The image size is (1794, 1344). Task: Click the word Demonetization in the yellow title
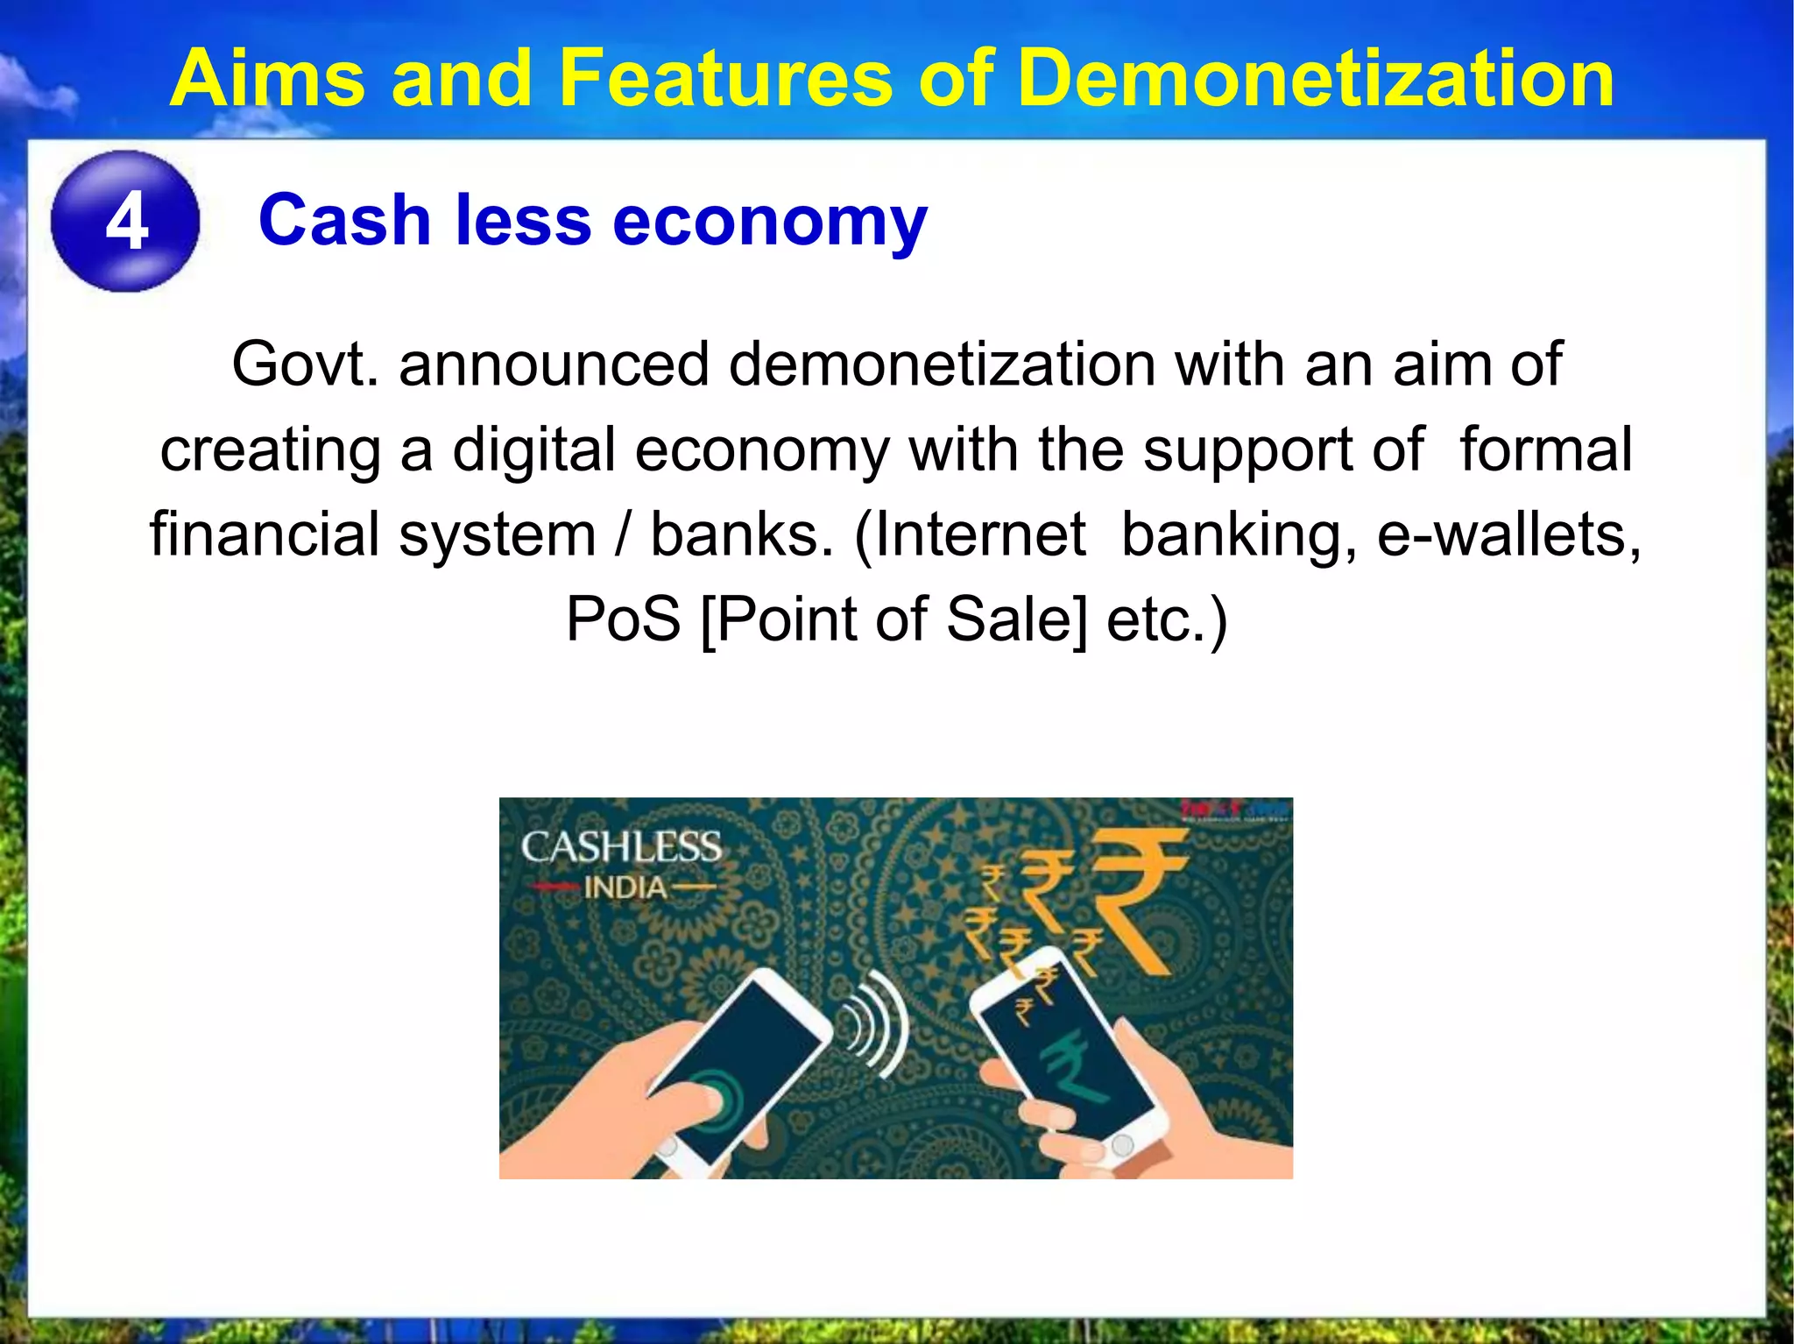pyautogui.click(x=1317, y=79)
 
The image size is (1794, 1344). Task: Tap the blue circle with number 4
pyautogui.click(x=125, y=221)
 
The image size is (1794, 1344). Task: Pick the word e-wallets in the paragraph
pyautogui.click(x=1508, y=534)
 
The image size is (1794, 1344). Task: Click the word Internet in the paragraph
pyautogui.click(x=980, y=534)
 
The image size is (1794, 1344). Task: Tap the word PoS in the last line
pyautogui.click(x=623, y=619)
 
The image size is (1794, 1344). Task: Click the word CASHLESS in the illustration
pyautogui.click(x=621, y=847)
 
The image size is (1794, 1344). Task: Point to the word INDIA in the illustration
pyautogui.click(x=625, y=888)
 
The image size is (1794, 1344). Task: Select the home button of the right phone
pyautogui.click(x=1122, y=1143)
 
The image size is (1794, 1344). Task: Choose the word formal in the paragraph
pyautogui.click(x=1546, y=450)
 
